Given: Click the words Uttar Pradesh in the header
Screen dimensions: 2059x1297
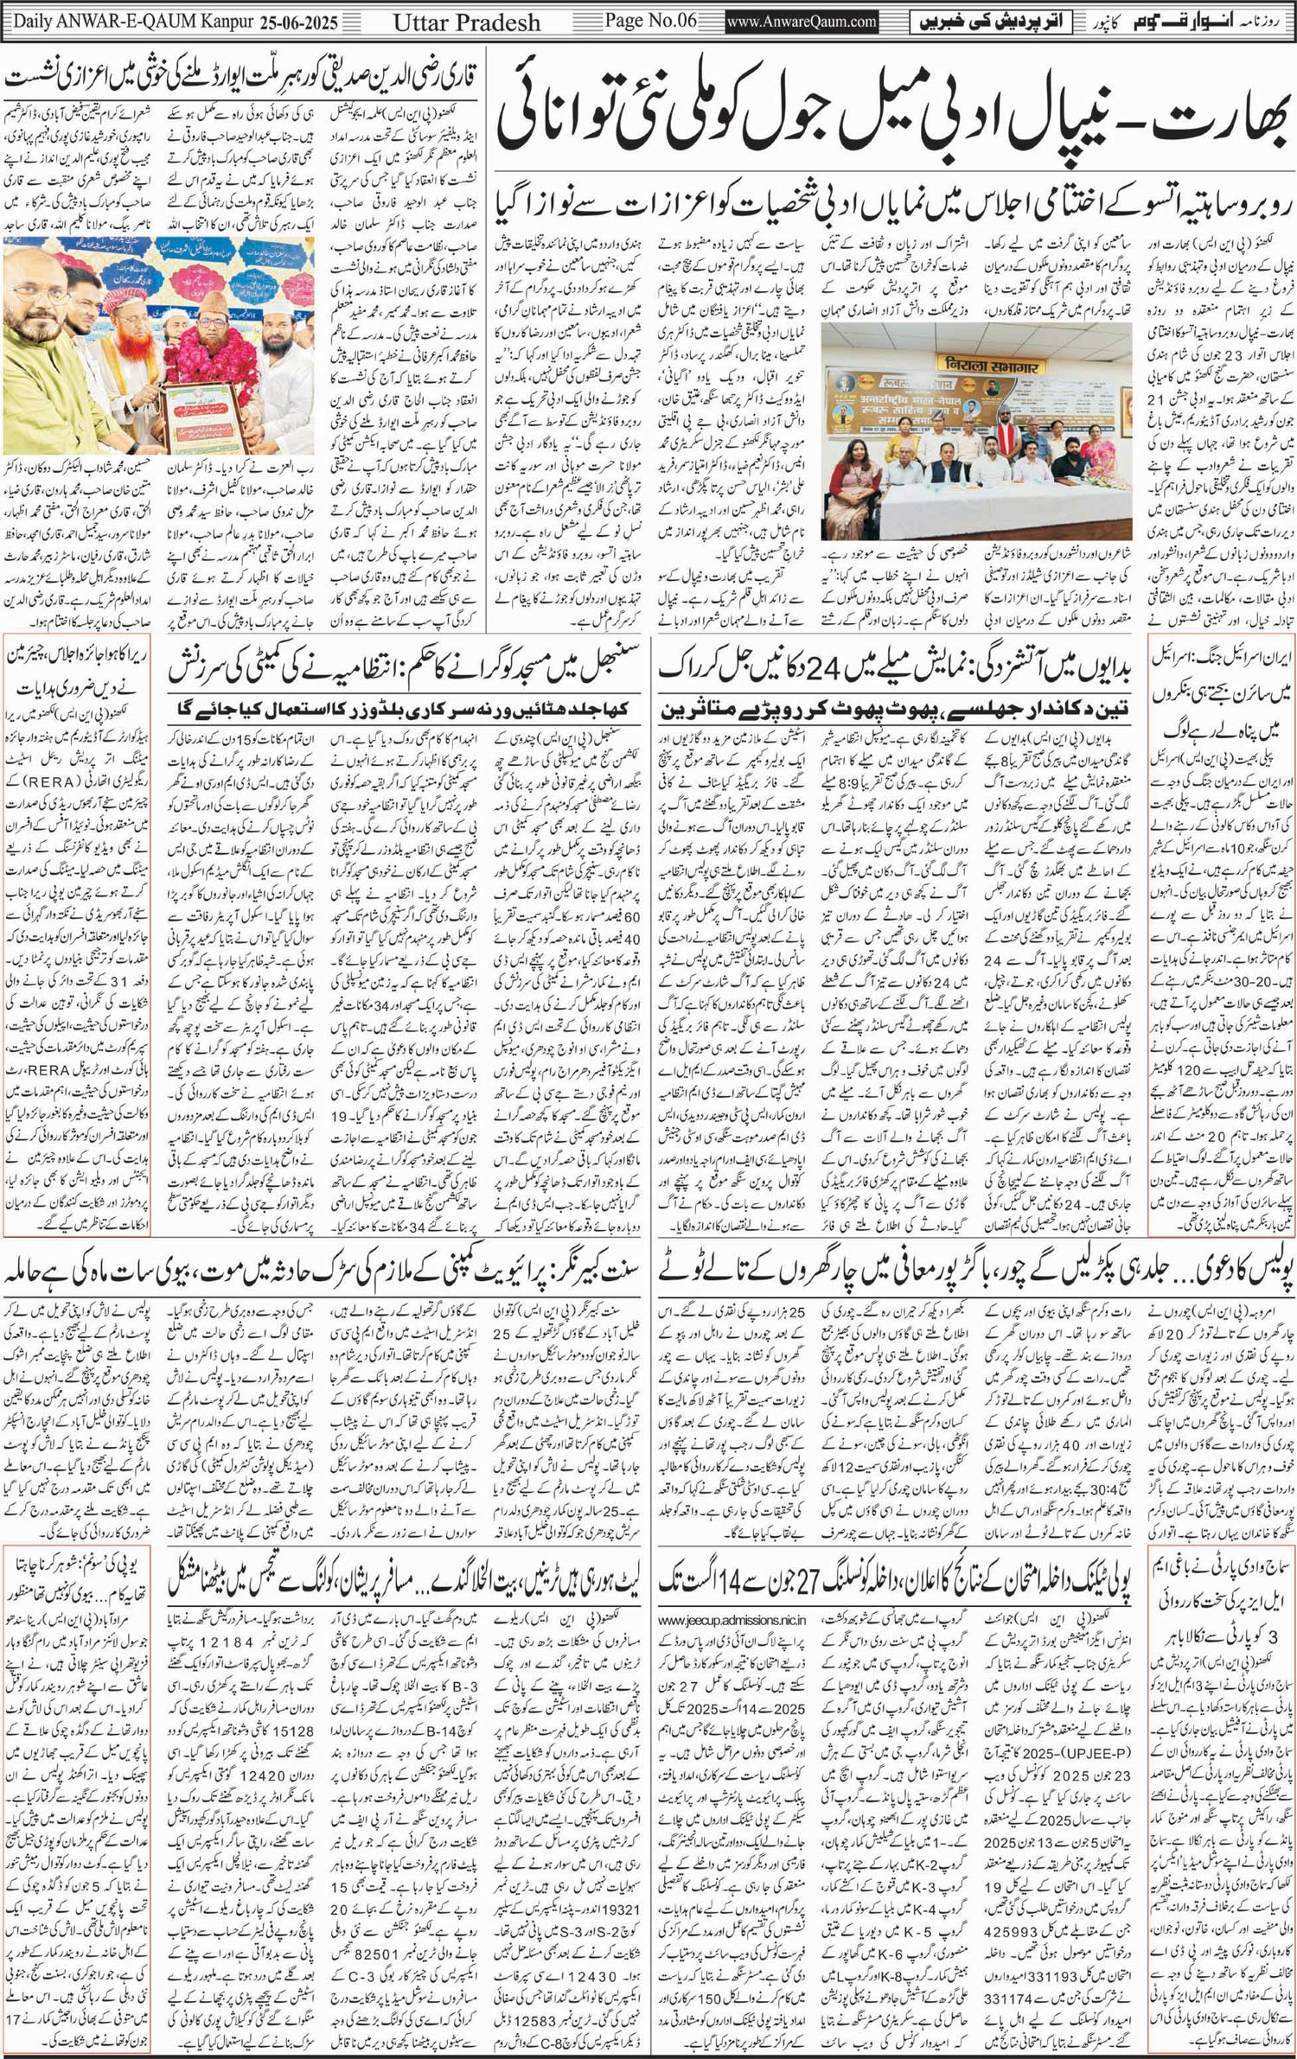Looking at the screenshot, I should (466, 22).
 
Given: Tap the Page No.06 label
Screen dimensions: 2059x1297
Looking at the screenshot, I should (651, 21).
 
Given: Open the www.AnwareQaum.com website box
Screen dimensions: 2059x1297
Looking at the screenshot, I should (802, 22).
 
